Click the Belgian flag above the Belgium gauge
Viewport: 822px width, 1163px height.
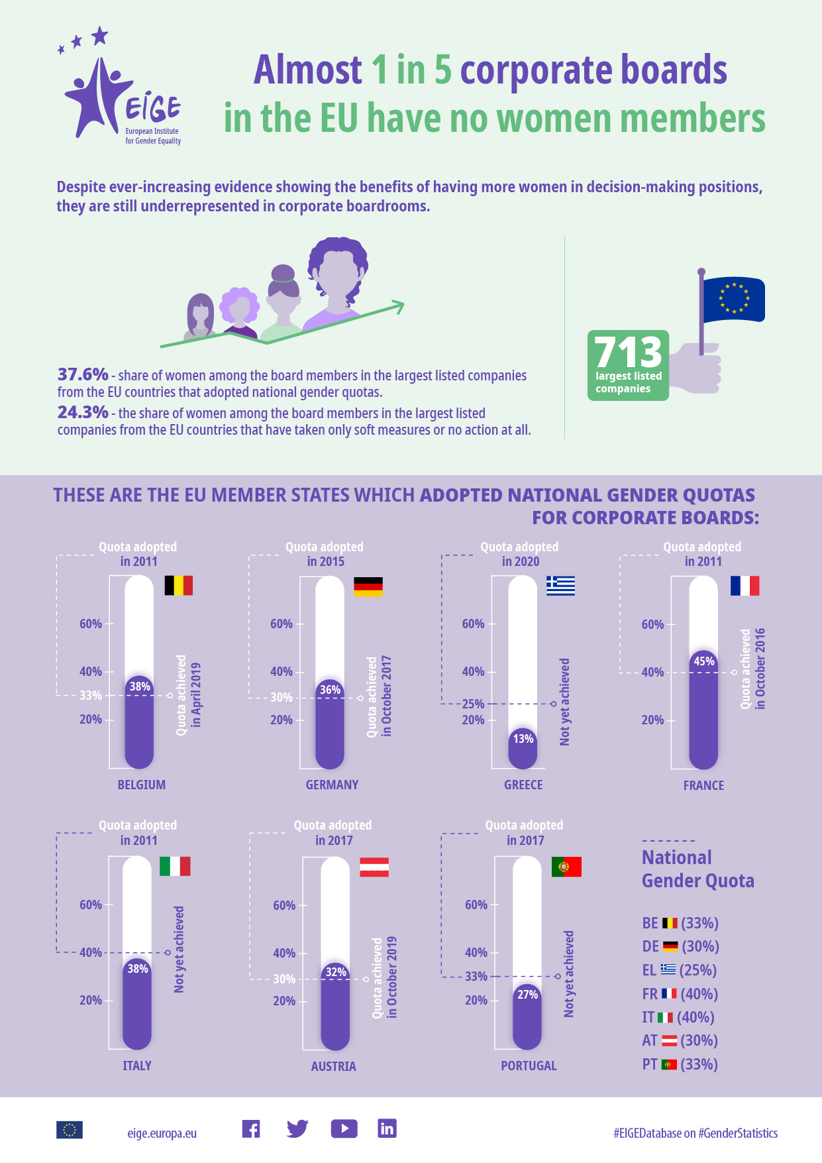click(178, 585)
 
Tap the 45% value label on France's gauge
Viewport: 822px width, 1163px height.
click(703, 661)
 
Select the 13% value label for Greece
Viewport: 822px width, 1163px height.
click(523, 738)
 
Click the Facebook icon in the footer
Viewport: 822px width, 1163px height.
click(251, 1129)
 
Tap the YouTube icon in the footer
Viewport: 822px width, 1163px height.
click(344, 1129)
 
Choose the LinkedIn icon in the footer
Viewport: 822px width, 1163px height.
click(387, 1129)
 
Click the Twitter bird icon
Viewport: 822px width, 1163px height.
click(297, 1129)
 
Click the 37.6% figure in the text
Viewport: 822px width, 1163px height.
click(83, 374)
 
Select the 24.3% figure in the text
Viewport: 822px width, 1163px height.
click(83, 412)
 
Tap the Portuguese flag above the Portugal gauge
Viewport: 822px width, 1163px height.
click(566, 867)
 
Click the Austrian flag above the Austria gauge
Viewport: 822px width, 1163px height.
click(374, 867)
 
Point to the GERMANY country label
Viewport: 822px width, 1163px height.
click(332, 785)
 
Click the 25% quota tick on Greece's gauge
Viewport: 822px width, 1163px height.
click(473, 704)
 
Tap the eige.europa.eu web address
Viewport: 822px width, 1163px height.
click(162, 1133)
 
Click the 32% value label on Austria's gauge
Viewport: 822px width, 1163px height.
click(336, 972)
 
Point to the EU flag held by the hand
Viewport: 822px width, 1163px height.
click(733, 300)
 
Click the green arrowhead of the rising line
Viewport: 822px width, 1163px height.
click(397, 306)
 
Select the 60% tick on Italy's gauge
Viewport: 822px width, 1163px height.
click(91, 905)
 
